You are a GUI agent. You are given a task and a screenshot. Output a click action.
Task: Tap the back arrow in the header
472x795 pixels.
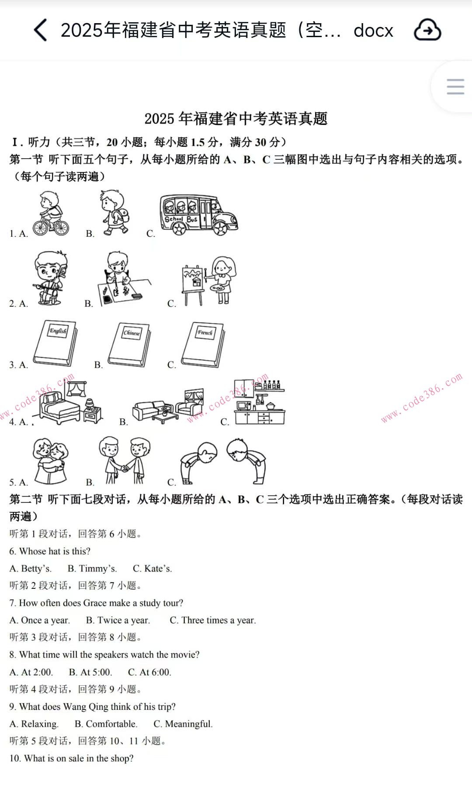[x=40, y=30]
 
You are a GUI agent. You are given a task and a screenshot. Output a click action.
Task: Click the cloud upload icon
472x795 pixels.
[x=427, y=30]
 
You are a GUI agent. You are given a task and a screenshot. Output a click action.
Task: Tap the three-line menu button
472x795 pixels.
[x=455, y=86]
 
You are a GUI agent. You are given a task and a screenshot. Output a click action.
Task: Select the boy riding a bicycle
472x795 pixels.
[x=51, y=214]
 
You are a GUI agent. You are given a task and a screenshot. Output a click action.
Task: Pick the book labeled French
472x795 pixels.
[x=203, y=344]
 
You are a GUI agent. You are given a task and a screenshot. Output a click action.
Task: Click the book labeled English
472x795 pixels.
[x=56, y=343]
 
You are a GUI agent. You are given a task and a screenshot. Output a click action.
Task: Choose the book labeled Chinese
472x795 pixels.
[x=130, y=344]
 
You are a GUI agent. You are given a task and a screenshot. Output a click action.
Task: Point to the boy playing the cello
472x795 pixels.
[x=50, y=278]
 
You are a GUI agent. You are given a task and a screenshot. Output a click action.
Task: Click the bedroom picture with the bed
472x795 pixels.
[x=70, y=404]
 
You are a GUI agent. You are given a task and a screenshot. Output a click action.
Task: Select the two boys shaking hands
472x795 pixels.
[x=124, y=461]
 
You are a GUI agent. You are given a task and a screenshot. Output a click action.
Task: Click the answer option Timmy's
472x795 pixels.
[x=92, y=568]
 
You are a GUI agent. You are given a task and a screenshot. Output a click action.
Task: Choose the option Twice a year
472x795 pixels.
[x=118, y=620]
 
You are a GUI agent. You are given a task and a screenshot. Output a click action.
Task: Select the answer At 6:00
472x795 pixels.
[x=149, y=672]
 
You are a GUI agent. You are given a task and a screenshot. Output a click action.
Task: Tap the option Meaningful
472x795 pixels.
[x=183, y=724]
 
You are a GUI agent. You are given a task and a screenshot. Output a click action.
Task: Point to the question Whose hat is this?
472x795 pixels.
[x=50, y=551]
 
